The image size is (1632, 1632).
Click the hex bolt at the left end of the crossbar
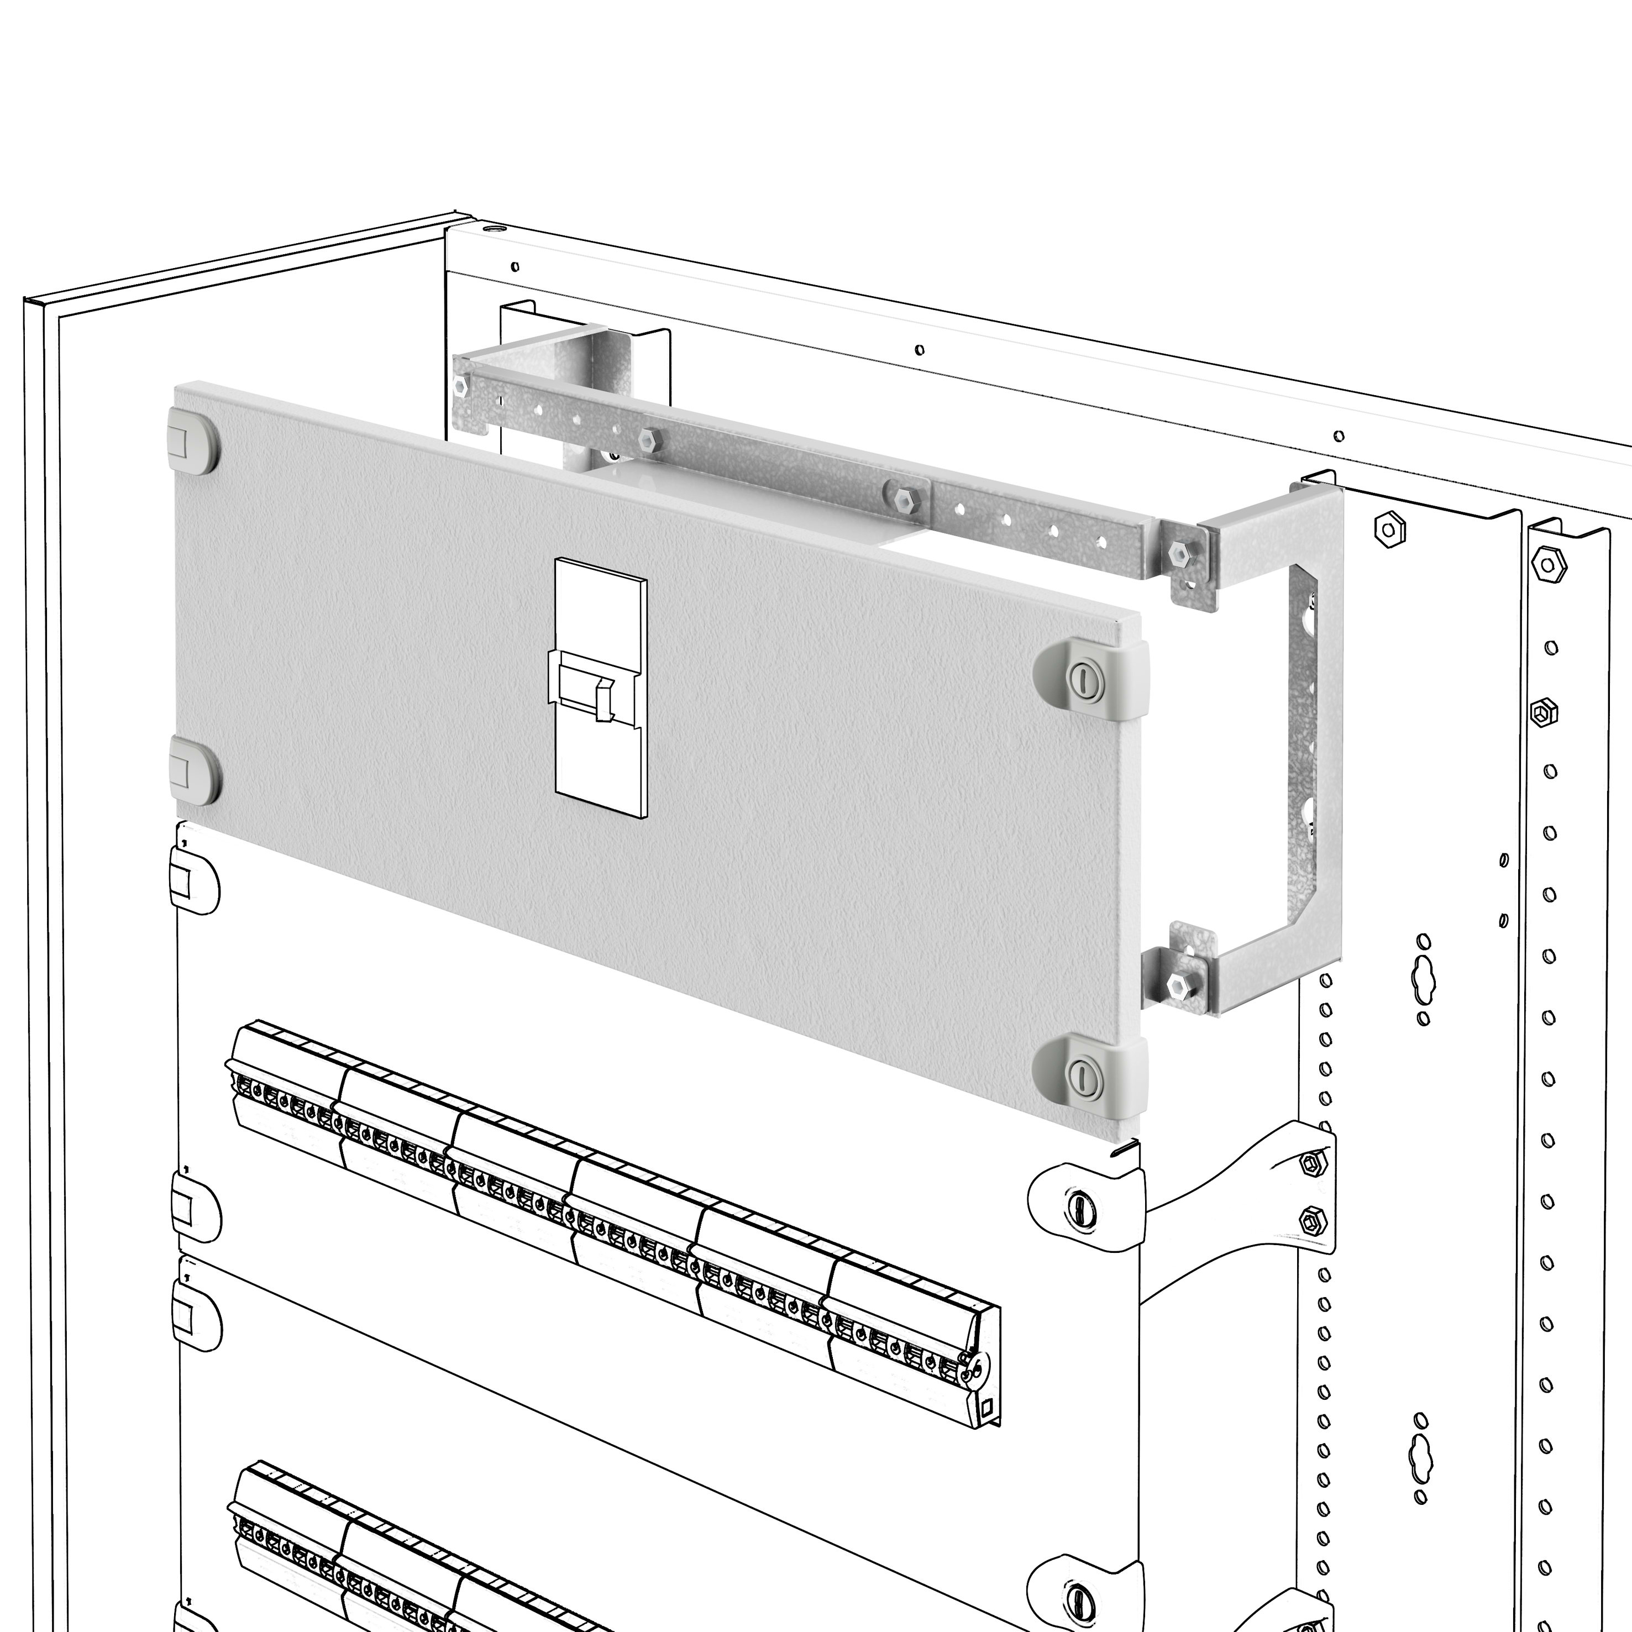point(460,386)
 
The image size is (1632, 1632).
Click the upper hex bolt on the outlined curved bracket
point(1311,1164)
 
